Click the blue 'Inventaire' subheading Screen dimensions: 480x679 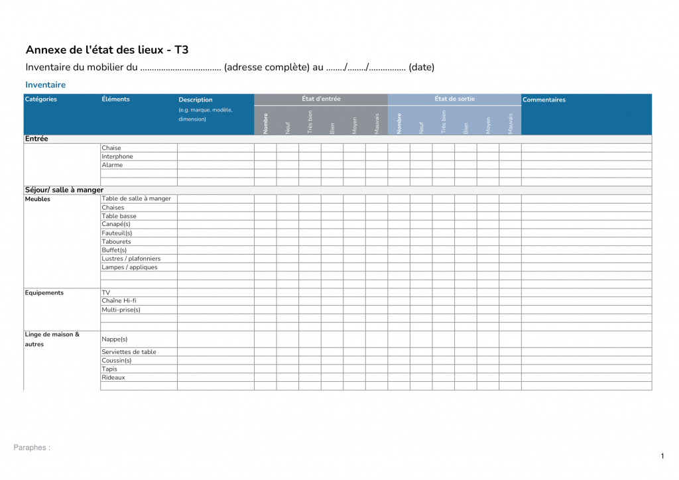click(45, 85)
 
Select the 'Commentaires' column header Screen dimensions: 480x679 click(544, 100)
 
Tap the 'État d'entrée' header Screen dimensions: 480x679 click(321, 99)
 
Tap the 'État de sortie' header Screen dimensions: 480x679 click(454, 99)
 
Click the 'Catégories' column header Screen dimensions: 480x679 click(41, 99)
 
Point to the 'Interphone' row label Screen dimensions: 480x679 click(117, 156)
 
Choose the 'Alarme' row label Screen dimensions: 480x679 click(112, 165)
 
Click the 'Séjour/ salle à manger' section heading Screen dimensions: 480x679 click(64, 190)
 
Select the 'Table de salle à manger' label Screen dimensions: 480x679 click(136, 198)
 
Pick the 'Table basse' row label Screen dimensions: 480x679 click(119, 216)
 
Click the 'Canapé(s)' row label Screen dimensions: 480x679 click(116, 224)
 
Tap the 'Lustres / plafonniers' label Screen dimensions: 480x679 click(131, 259)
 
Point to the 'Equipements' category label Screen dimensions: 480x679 click(44, 293)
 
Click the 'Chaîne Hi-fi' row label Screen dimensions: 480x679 click(119, 301)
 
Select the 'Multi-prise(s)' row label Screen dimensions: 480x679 click(121, 310)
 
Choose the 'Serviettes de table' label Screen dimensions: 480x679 click(129, 352)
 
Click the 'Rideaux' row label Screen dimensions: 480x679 click(113, 378)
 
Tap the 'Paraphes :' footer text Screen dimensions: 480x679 click(32, 448)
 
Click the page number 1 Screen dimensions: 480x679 click(662, 455)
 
